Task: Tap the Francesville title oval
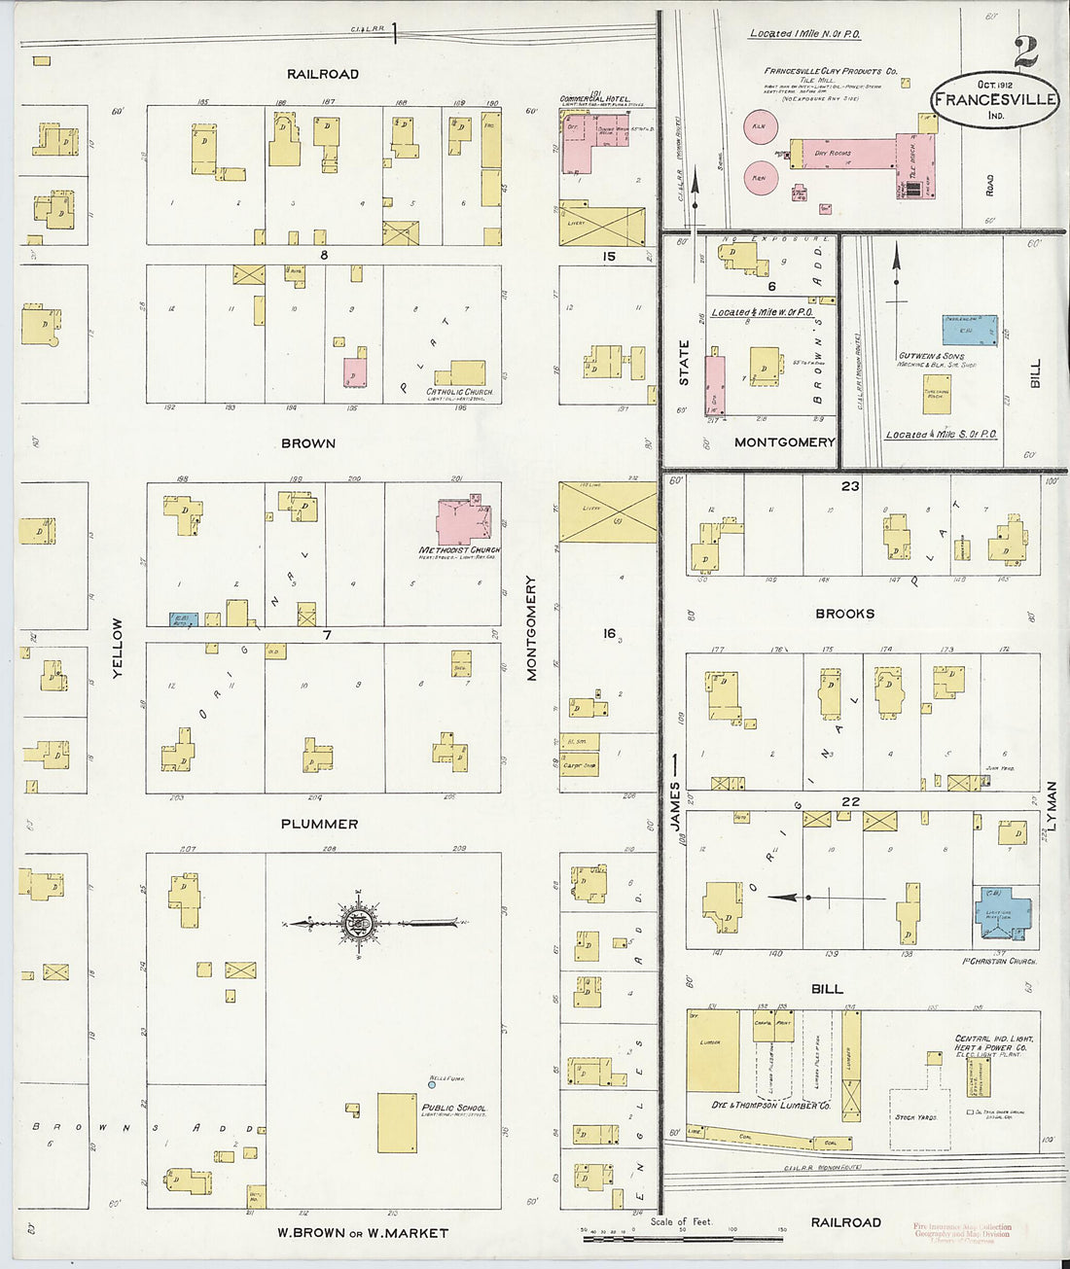(995, 100)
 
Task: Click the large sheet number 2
(1025, 53)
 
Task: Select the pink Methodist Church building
(462, 521)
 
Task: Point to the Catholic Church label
(460, 393)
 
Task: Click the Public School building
(397, 1123)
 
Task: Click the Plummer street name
(319, 824)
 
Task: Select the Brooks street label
(844, 614)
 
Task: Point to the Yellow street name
(118, 648)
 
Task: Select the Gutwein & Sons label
(932, 357)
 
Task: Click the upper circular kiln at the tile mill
(761, 125)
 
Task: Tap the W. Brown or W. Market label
(363, 1233)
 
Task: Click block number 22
(851, 801)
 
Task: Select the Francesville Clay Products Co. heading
(830, 71)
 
